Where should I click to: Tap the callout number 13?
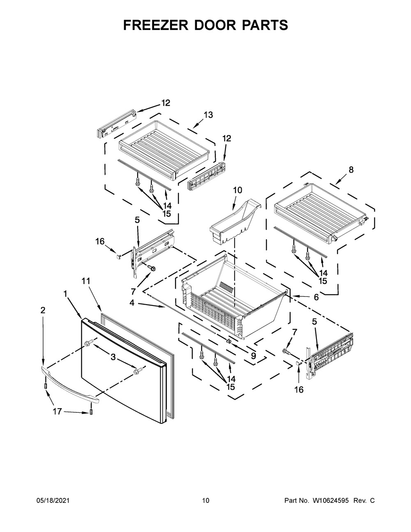click(x=208, y=115)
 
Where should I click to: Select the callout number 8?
click(x=351, y=170)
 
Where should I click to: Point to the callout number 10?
click(x=238, y=190)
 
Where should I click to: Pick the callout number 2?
click(x=43, y=311)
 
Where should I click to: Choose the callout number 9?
click(x=253, y=356)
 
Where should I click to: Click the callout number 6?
click(x=316, y=297)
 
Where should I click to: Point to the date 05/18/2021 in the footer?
click(x=53, y=501)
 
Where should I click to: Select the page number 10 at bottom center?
click(x=205, y=501)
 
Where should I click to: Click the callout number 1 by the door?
click(x=65, y=294)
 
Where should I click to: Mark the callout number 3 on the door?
click(x=113, y=357)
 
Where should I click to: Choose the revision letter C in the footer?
click(x=372, y=501)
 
